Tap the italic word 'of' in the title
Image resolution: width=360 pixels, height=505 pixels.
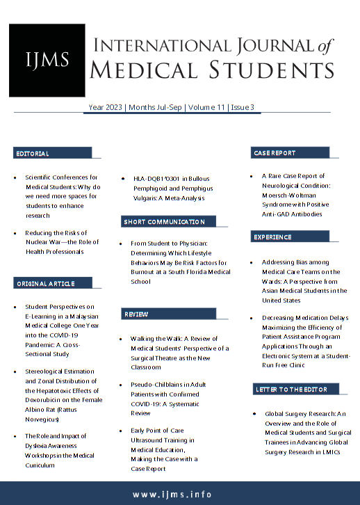pos(325,46)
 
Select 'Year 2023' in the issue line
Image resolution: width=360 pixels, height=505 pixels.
pos(105,107)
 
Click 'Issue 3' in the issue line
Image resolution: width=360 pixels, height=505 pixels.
pos(243,107)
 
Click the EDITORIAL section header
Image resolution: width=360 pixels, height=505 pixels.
pos(32,153)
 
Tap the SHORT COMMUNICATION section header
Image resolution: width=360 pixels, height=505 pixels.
pos(164,221)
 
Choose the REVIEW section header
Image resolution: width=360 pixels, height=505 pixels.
pos(136,314)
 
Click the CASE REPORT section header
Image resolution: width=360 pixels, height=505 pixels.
pos(275,152)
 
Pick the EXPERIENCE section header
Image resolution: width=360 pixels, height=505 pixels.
pos(272,237)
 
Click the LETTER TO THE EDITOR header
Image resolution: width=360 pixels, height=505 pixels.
pos(291,389)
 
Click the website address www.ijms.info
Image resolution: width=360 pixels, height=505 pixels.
pos(180,494)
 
